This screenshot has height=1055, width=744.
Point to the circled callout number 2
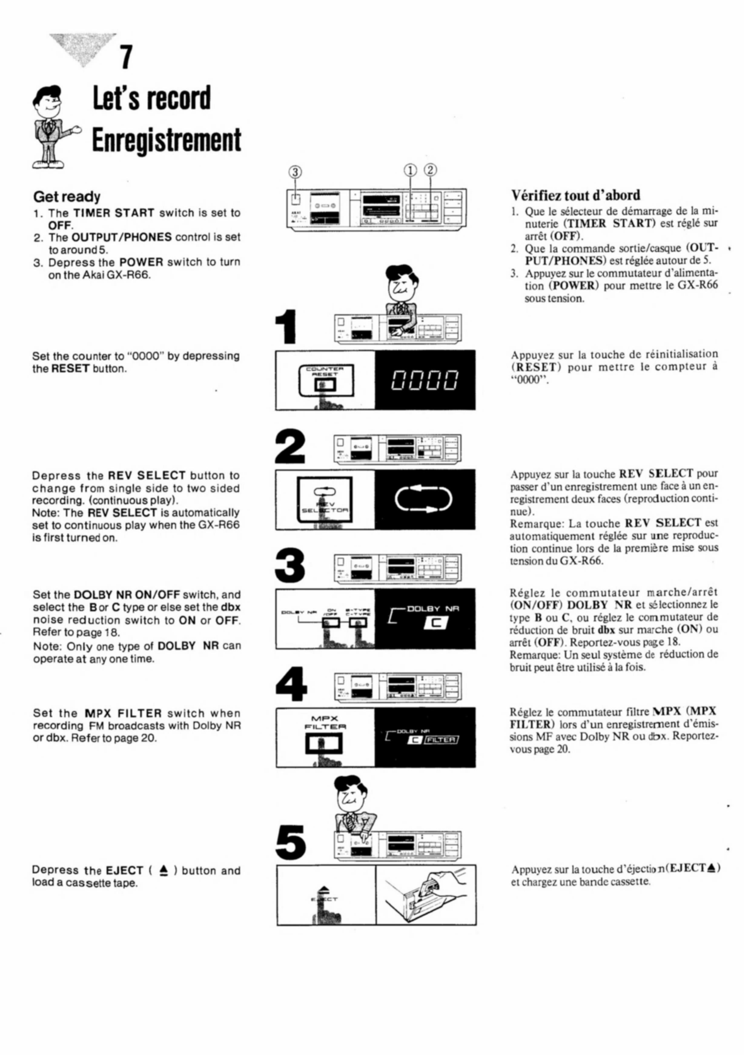tap(431, 170)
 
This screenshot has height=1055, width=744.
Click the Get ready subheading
tap(67, 197)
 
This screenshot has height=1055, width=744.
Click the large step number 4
tap(291, 684)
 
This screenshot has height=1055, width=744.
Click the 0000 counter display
tap(425, 380)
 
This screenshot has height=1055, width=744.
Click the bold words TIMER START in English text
tap(114, 213)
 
